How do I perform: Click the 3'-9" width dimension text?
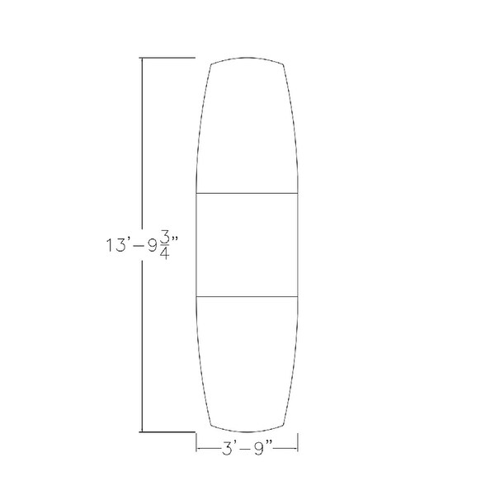pyautogui.click(x=247, y=448)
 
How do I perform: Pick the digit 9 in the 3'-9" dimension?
pyautogui.click(x=259, y=449)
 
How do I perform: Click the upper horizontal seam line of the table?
pyautogui.click(x=247, y=193)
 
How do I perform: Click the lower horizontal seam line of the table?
pyautogui.click(x=247, y=296)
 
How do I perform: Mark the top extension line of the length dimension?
pyautogui.click(x=167, y=58)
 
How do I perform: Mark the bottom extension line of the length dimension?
pyautogui.click(x=167, y=431)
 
